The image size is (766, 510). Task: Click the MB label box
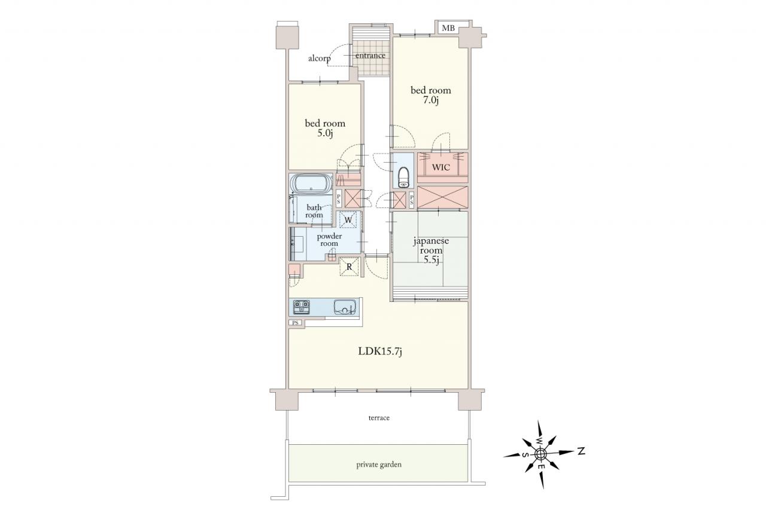click(448, 28)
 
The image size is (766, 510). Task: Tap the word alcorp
click(320, 59)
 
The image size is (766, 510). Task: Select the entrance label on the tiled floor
click(370, 56)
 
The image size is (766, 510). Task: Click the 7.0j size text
click(430, 100)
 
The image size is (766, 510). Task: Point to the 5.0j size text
click(325, 133)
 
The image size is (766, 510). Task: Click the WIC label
click(441, 167)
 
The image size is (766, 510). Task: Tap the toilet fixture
click(404, 177)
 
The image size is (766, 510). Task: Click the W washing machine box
click(348, 219)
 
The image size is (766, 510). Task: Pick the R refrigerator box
click(349, 267)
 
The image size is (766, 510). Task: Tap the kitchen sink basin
click(346, 306)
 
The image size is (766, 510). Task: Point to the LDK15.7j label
click(379, 351)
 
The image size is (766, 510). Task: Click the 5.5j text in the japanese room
click(431, 260)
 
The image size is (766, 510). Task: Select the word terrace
click(379, 418)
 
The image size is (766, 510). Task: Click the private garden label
click(379, 465)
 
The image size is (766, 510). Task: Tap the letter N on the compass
click(581, 451)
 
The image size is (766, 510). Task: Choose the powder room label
click(329, 240)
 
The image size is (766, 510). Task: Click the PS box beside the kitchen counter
click(295, 322)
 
